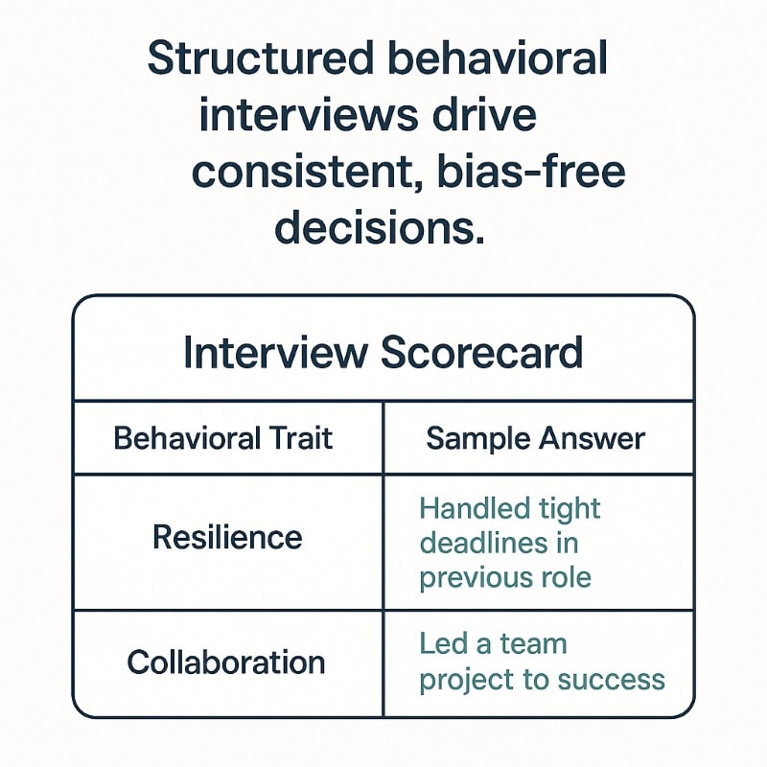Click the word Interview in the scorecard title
pos(275,353)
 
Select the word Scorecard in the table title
pos(481,353)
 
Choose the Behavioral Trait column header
pos(223,439)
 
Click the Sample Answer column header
pos(535,439)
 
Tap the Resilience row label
pos(227,537)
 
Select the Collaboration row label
pos(226,662)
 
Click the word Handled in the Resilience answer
pos(467,508)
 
